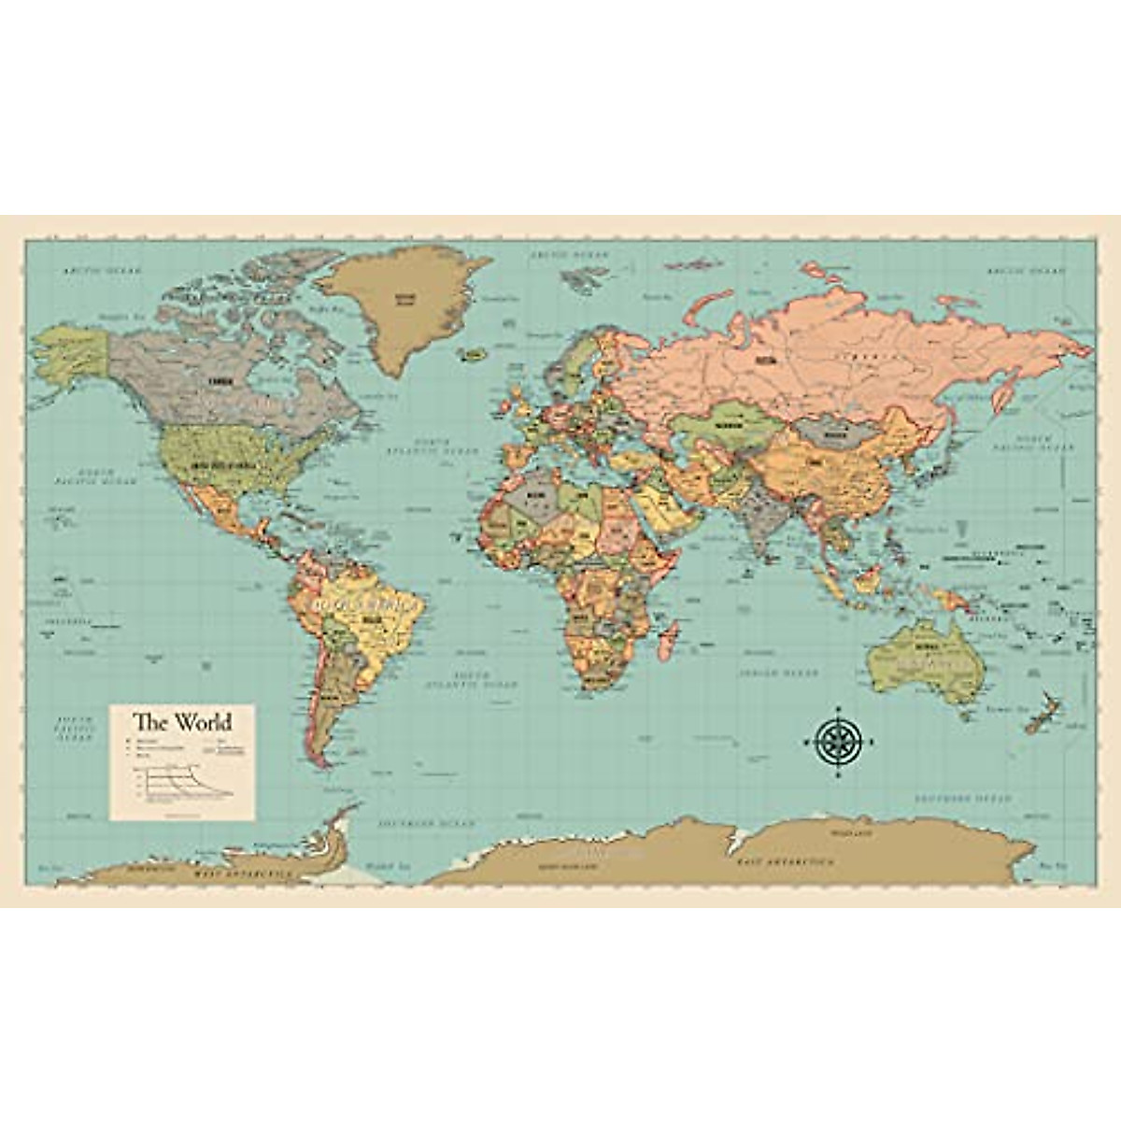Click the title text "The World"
click(181, 722)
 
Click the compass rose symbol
click(838, 742)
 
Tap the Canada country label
click(220, 380)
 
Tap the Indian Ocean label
click(778, 673)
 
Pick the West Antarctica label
click(242, 875)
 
